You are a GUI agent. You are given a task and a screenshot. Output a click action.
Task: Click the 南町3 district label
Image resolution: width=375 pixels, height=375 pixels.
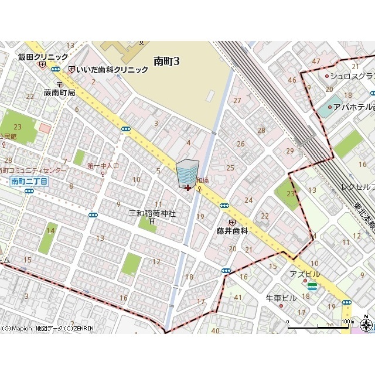pyautogui.click(x=166, y=61)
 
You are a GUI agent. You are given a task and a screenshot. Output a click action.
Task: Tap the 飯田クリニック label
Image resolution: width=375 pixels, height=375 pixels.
pyautogui.click(x=43, y=57)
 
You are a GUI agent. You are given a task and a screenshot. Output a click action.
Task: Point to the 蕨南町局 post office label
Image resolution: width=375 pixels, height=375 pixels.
pyautogui.click(x=59, y=93)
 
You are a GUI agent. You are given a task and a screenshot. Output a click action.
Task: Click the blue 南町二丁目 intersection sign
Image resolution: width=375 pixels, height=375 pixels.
pyautogui.click(x=29, y=182)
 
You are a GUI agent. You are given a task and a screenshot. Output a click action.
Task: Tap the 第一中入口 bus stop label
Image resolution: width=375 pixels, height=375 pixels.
pyautogui.click(x=103, y=166)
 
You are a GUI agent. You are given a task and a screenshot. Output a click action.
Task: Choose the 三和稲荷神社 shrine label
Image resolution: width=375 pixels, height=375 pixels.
pyautogui.click(x=152, y=213)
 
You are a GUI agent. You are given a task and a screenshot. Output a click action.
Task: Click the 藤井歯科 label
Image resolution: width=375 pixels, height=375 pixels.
pyautogui.click(x=233, y=231)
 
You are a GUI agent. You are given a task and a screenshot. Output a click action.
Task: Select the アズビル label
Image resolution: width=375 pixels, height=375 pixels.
pyautogui.click(x=305, y=274)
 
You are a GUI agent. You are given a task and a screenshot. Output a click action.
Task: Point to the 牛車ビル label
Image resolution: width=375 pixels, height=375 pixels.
pyautogui.click(x=282, y=298)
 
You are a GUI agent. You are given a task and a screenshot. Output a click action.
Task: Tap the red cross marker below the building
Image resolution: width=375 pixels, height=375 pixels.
pyautogui.click(x=187, y=187)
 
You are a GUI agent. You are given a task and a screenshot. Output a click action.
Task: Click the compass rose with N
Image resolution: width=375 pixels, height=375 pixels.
pyautogui.click(x=367, y=325)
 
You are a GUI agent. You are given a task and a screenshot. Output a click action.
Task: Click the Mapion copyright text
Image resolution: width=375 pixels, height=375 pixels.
pyautogui.click(x=47, y=328)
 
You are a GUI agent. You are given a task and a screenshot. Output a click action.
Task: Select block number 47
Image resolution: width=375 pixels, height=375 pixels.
pyautogui.click(x=316, y=62)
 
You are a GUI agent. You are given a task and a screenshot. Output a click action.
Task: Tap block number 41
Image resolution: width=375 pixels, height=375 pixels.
pyautogui.click(x=237, y=298)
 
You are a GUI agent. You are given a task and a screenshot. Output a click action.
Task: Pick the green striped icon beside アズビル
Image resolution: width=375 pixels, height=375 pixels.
pyautogui.click(x=312, y=286)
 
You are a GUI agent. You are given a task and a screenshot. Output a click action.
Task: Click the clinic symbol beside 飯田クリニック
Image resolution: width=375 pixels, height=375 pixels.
pyautogui.click(x=42, y=65)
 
